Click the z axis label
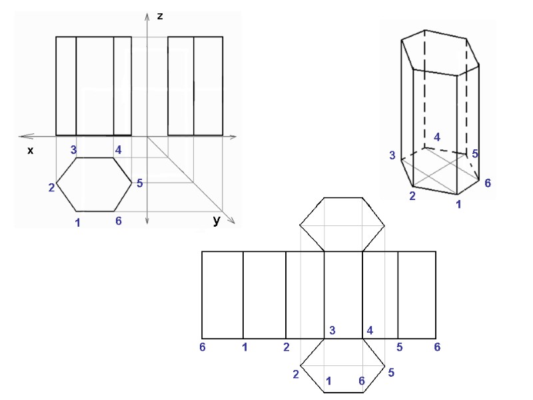click(160, 15)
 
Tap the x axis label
click(30, 151)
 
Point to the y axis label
click(217, 221)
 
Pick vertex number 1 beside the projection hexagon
click(78, 223)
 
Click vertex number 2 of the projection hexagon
click(51, 187)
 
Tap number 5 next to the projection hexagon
click(140, 183)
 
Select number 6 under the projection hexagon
click(119, 221)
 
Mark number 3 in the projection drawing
click(74, 149)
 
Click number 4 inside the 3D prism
click(437, 137)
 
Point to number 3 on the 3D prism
click(393, 155)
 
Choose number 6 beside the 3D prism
click(488, 183)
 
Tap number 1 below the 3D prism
click(458, 203)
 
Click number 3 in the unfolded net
click(332, 331)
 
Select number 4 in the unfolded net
click(370, 331)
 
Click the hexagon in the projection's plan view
click(93, 185)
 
